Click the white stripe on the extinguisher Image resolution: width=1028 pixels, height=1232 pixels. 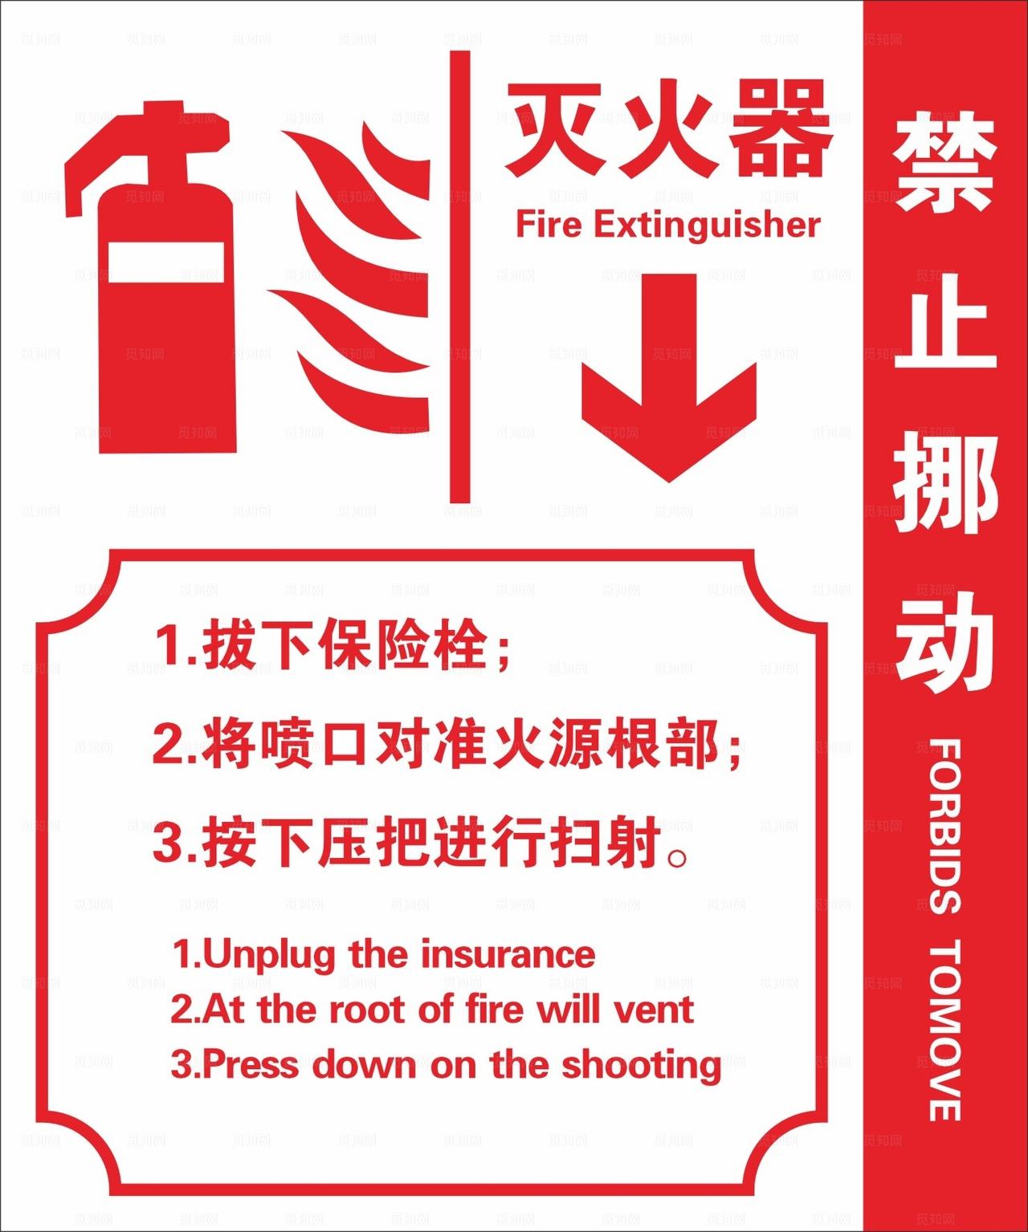click(166, 262)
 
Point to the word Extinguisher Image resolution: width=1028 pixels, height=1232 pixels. click(707, 225)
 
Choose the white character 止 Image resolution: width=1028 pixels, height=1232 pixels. click(945, 321)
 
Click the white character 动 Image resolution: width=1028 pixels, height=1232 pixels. click(945, 642)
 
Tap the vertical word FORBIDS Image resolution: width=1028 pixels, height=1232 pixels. click(945, 827)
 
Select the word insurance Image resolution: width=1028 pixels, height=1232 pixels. click(508, 955)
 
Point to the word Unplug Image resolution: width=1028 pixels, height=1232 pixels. click(269, 955)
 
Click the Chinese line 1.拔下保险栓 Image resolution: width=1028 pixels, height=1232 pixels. click(332, 645)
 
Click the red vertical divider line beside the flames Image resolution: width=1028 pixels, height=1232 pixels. click(459, 277)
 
